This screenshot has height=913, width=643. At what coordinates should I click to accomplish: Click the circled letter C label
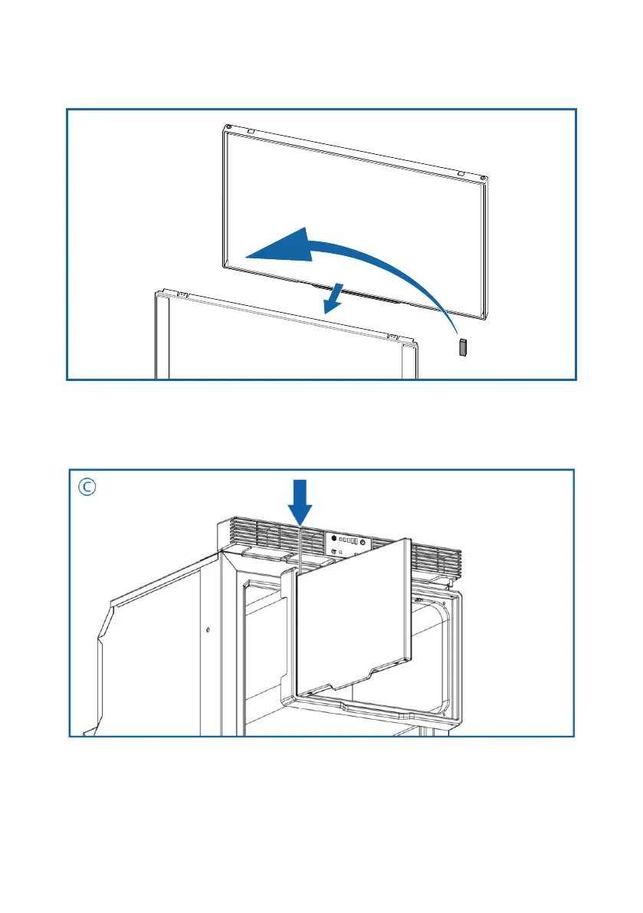89,488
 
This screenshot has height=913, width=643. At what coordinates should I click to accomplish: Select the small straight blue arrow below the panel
333,300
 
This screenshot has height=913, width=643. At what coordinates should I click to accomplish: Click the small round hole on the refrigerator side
207,631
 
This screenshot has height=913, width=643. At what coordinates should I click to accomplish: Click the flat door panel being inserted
353,606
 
